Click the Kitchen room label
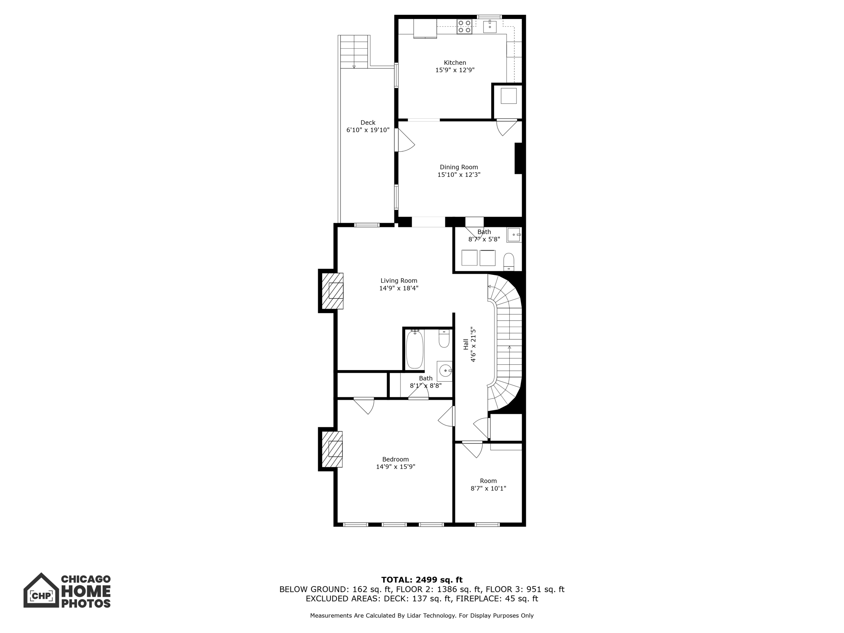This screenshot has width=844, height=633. coord(455,63)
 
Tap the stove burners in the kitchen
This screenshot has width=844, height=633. coord(464,27)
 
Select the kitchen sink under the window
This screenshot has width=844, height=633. coord(490,27)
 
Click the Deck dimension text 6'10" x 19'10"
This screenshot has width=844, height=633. coord(368,130)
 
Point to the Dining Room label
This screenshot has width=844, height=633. coord(459,167)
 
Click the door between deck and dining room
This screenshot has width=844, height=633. coord(404,141)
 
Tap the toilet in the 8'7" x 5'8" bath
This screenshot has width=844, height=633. coord(509,261)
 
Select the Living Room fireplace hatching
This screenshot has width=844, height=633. coord(332,291)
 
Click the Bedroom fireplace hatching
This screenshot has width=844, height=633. coord(332,449)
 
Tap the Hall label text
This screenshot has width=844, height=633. coord(466,345)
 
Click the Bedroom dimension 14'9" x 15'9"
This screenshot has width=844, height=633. coord(395,467)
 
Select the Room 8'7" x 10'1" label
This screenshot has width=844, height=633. coord(488,481)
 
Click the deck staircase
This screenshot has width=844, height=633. coord(354,52)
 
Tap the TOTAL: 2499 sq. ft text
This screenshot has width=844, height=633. coord(422,580)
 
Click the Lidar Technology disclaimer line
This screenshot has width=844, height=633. coord(422,616)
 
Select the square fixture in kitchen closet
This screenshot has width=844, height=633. coord(508,96)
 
